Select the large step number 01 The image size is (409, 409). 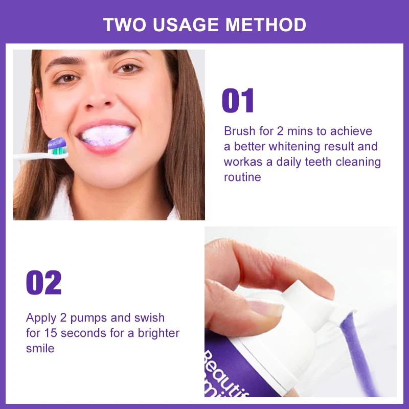[x=238, y=101]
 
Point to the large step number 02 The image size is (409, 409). [x=43, y=283]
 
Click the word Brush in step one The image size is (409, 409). [x=239, y=131]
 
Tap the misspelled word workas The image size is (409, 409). [x=242, y=162]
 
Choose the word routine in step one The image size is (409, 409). [x=242, y=177]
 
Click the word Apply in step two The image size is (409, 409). [x=41, y=318]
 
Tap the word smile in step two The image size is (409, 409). [x=40, y=349]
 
